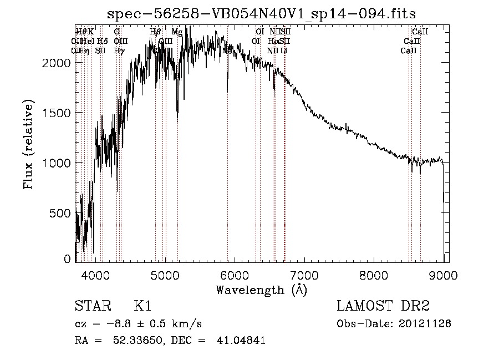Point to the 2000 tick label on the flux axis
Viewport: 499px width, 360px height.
56,63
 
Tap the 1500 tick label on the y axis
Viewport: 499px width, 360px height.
56,113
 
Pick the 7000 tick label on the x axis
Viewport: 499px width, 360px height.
304,274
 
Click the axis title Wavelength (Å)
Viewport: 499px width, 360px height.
261,290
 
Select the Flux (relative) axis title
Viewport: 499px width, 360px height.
28,144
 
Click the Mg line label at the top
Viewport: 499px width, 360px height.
176,32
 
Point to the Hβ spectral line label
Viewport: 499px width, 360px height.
155,32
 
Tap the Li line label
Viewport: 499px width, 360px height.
284,50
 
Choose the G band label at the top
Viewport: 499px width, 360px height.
117,32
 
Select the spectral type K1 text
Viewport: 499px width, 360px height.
142,307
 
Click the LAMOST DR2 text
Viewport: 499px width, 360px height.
383,307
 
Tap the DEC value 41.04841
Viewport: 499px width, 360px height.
241,341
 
